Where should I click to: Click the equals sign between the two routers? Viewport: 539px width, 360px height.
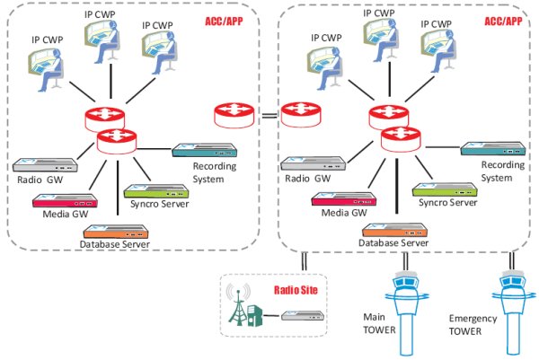click(x=267, y=115)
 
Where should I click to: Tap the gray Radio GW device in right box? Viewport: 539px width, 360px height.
click(x=311, y=163)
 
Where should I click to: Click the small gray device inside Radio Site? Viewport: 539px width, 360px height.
click(x=296, y=317)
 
